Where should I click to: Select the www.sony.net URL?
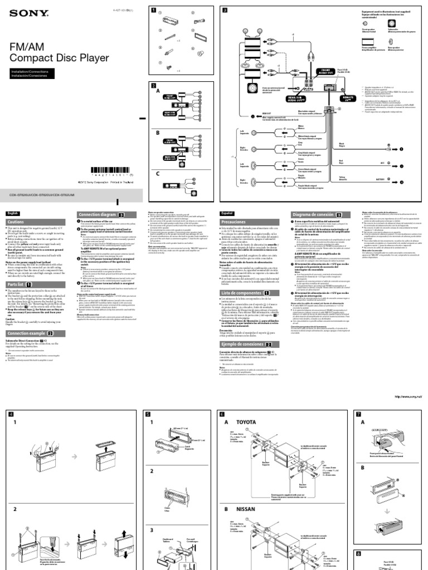408,397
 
